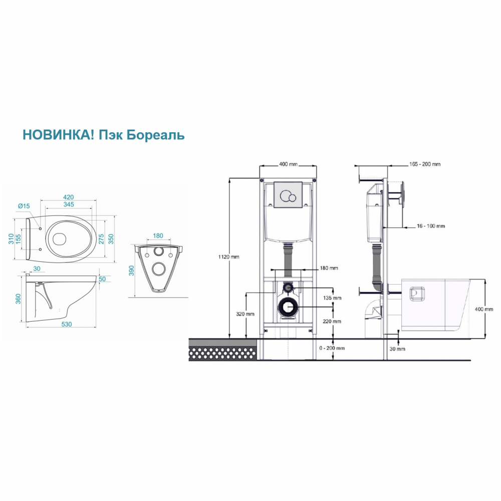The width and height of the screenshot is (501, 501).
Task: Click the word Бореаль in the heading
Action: tap(156, 135)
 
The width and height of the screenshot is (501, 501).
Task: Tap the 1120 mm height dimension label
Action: tap(229, 257)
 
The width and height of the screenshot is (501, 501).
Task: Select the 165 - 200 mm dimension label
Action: tap(425, 164)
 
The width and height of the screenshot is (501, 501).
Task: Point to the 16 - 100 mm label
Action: tap(431, 226)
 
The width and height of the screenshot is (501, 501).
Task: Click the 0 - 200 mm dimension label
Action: tap(332, 348)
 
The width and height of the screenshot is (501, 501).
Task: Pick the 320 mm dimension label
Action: tap(245, 314)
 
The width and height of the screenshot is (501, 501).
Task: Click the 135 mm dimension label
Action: tap(332, 298)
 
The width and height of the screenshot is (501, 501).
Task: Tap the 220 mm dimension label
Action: tap(332, 321)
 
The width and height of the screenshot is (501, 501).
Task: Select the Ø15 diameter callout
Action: tap(24, 206)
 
